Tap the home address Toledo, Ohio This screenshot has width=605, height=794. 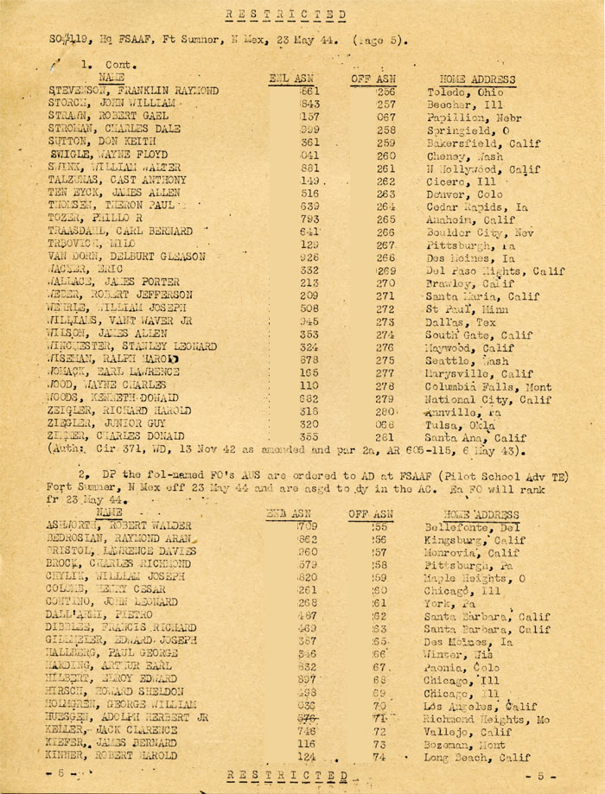click(461, 91)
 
